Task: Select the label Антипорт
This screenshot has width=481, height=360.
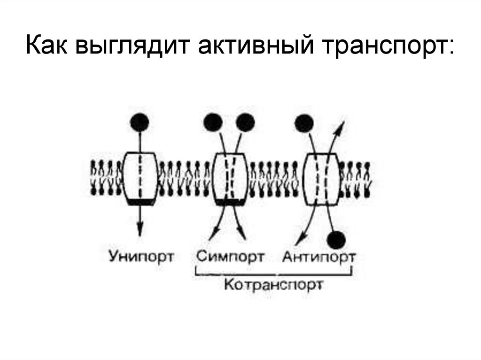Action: tap(319, 257)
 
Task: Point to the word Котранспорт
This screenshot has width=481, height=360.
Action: tap(273, 284)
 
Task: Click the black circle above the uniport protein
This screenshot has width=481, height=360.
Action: tap(140, 123)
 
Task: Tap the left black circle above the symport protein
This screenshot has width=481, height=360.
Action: tap(213, 123)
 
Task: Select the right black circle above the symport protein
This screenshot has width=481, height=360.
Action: tap(245, 123)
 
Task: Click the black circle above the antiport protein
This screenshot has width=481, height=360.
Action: tap(304, 123)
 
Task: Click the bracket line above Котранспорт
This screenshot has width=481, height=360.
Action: tap(273, 273)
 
